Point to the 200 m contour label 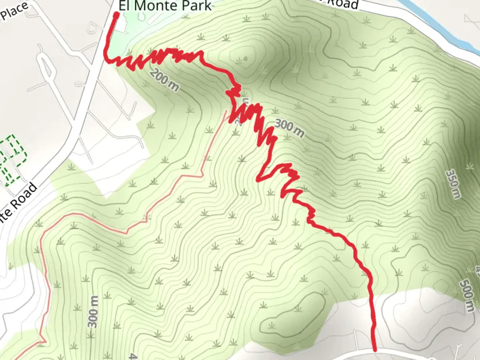(164, 80)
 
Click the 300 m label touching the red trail (289, 128)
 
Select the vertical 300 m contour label (93, 311)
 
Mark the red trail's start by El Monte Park (116, 14)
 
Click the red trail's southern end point (375, 350)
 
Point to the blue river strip (443, 27)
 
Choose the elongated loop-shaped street (46, 66)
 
